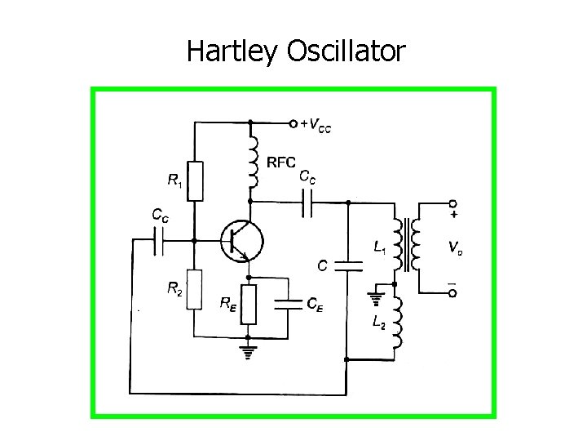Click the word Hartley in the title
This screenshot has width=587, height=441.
click(233, 51)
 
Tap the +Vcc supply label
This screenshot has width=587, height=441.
click(316, 125)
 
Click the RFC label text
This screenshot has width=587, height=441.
click(280, 162)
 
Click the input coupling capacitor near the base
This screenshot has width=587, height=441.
click(160, 241)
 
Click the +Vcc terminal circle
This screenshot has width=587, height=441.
click(293, 124)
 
